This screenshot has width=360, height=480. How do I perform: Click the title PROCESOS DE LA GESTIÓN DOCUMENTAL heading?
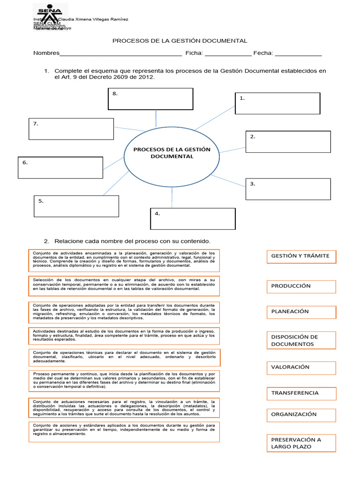tap(180, 41)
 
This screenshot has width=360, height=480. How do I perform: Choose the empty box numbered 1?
tap(277, 103)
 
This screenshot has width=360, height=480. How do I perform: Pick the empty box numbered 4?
tap(193, 218)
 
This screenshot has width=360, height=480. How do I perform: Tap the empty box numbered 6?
tap(60, 167)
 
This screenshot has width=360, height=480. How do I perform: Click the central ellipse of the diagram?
tap(172, 154)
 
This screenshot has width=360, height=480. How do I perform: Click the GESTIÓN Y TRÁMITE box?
tap(301, 256)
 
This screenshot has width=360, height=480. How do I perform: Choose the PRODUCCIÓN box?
tap(301, 286)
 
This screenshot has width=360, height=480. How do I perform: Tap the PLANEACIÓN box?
tap(301, 312)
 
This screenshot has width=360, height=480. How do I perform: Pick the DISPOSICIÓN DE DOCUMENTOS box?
tap(301, 340)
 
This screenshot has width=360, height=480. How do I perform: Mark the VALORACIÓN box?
tap(301, 367)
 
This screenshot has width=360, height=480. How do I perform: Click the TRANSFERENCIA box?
tap(301, 393)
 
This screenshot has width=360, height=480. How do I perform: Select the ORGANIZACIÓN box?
tap(301, 415)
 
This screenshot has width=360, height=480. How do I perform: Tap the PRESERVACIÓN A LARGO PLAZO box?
tap(301, 443)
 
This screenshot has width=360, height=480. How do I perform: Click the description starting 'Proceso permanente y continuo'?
tap(124, 380)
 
